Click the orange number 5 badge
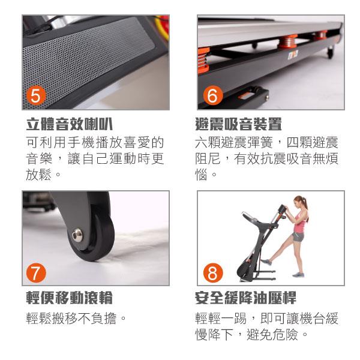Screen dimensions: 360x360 pos(36,95)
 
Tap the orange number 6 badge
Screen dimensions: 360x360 pos(213,95)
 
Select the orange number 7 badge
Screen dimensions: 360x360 pos(36,273)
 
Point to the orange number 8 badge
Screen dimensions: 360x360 pos(213,273)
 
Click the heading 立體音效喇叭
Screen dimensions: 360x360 pos(70,124)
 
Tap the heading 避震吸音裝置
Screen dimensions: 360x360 pos(238,124)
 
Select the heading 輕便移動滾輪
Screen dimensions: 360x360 pos(70,298)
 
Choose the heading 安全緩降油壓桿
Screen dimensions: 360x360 pos(245,298)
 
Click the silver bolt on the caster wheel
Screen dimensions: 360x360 pos(77,235)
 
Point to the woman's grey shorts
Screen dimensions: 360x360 pos(298,236)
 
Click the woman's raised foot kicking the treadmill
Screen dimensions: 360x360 pos(266,262)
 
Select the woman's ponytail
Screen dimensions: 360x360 pos(306,203)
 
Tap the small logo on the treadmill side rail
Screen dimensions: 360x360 pos(293,54)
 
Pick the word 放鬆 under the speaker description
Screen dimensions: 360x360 pos(38,175)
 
